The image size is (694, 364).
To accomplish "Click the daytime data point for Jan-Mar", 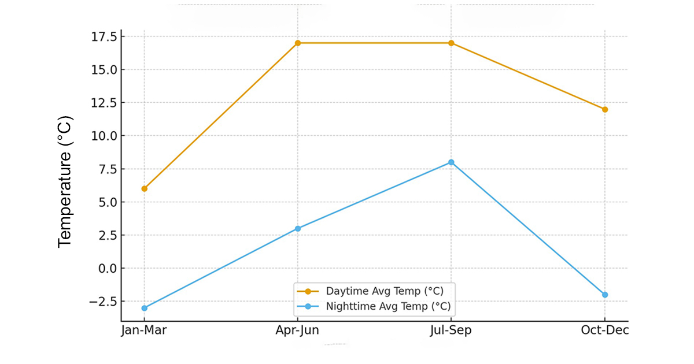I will coord(144,188).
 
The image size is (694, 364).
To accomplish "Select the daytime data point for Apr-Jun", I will coord(298,43).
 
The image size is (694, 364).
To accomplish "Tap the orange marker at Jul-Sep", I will coord(451,43).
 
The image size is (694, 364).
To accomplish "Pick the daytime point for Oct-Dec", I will coord(605,109).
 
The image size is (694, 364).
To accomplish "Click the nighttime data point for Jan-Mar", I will coord(144,308).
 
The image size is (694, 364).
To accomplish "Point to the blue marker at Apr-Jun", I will coord(298,228).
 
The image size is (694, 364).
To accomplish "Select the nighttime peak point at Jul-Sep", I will coord(451,162).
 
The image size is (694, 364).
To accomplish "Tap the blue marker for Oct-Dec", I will coord(605,295).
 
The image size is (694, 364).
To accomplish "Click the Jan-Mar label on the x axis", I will coord(144,330).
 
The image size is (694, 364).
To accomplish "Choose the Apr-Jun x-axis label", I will coord(298,330).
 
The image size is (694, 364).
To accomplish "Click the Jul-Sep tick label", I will coord(451,330).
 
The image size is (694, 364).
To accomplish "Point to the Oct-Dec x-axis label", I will coord(605,330).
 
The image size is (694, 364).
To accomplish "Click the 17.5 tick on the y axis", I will coord(104,37).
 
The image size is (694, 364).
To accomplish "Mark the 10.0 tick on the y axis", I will coord(104,136).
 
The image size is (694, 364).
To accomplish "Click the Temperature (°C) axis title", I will coord(65,182).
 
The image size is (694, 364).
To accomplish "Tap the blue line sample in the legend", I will coord(308,306).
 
